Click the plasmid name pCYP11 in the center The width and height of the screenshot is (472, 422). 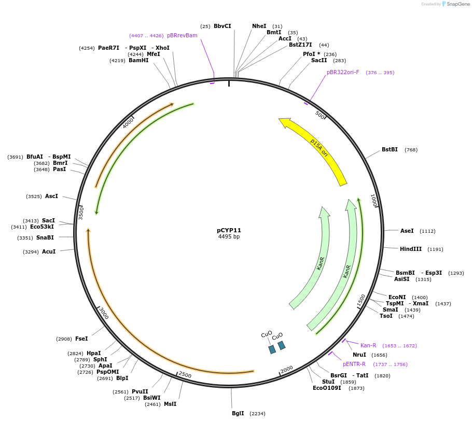[x=229, y=230]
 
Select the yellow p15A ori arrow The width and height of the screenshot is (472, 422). [x=316, y=150]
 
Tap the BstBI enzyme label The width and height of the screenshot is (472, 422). [x=390, y=149]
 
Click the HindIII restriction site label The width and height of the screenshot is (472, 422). [x=411, y=249]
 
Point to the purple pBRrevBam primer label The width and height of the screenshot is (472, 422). [x=182, y=35]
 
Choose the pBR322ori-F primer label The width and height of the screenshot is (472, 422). [x=342, y=72]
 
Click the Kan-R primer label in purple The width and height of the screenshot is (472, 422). [x=368, y=345]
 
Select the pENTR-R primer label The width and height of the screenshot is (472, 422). [x=354, y=364]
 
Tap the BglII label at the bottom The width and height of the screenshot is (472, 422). [x=238, y=413]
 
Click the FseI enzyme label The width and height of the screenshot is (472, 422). [x=81, y=339]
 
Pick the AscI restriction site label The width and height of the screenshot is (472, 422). [x=51, y=196]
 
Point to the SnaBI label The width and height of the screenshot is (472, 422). [x=45, y=237]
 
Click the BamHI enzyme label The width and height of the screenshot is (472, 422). [x=138, y=60]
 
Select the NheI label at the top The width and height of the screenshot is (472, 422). [x=259, y=26]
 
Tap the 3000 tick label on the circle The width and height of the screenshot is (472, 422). [x=104, y=313]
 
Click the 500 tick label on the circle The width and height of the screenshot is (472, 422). [x=320, y=115]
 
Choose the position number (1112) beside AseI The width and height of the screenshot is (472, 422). [x=427, y=231]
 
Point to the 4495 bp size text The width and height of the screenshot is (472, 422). [x=229, y=237]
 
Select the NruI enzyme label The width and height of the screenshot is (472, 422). [x=359, y=355]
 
